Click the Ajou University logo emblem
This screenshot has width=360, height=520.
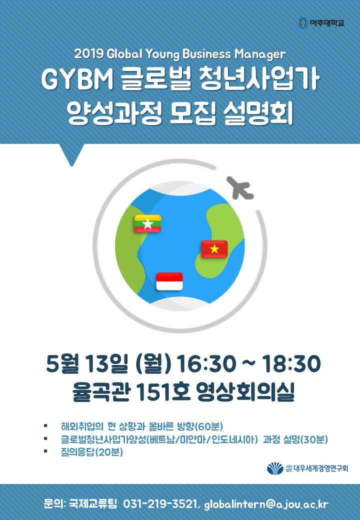pyautogui.click(x=303, y=23)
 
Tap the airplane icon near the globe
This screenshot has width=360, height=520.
pyautogui.click(x=240, y=188)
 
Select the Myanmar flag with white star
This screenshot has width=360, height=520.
pyautogui.click(x=147, y=223)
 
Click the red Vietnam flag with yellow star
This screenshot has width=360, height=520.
pyautogui.click(x=214, y=249)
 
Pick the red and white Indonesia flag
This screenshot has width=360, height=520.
pyautogui.click(x=169, y=281)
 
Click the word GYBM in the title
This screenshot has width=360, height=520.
pyautogui.click(x=77, y=80)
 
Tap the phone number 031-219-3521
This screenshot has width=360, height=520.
pyautogui.click(x=160, y=504)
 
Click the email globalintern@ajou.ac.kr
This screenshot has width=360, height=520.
pyautogui.click(x=266, y=504)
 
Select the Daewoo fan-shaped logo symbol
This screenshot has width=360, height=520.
pyautogui.click(x=275, y=468)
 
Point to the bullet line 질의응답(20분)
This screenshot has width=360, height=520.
pyautogui.click(x=92, y=451)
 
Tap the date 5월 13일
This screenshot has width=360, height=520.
pyautogui.click(x=87, y=363)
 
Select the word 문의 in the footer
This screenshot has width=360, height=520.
pyautogui.click(x=54, y=504)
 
